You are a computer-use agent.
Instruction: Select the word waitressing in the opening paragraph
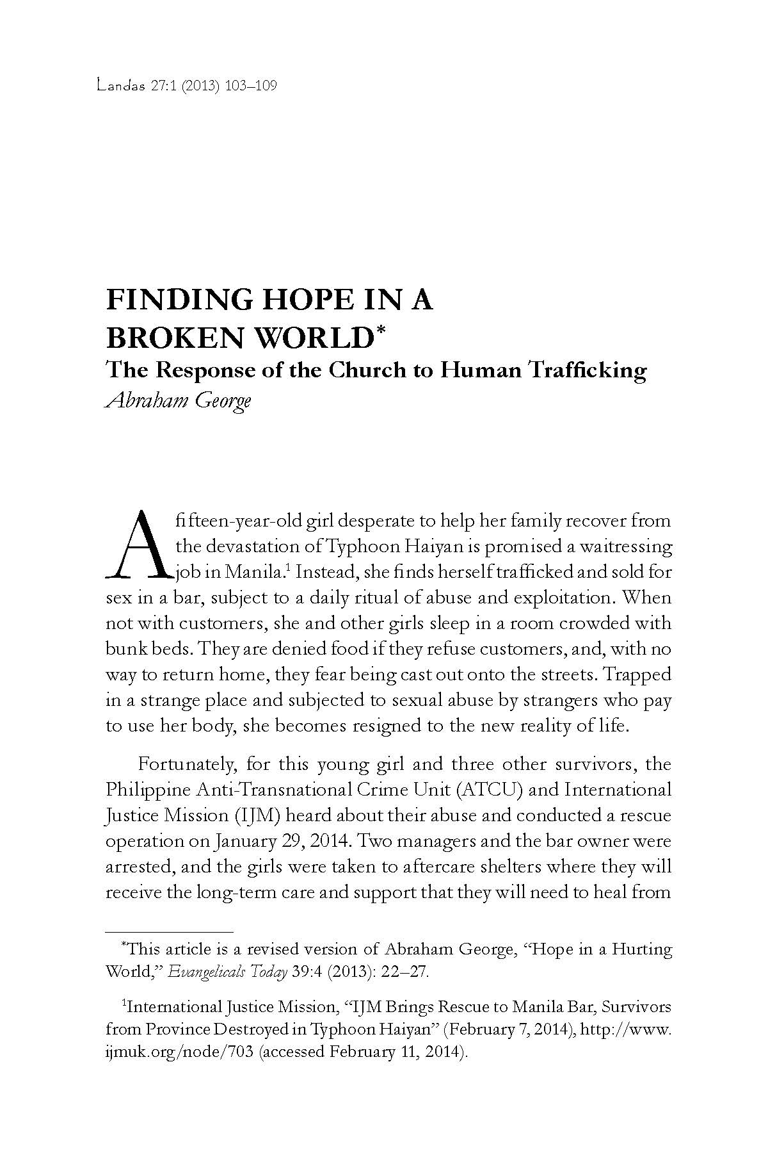624,546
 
